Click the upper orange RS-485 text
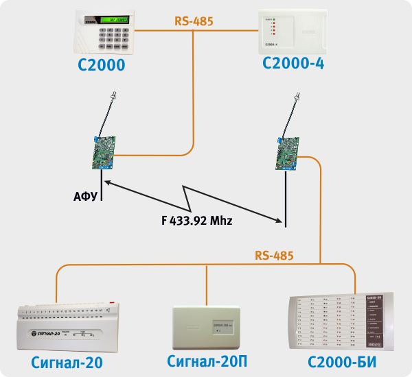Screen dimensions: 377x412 click(x=194, y=21)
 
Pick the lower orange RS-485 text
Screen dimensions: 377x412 click(x=274, y=256)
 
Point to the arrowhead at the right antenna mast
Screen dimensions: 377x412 click(x=279, y=221)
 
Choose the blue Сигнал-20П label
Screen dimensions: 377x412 click(x=206, y=361)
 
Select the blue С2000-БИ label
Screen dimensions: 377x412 click(x=343, y=361)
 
